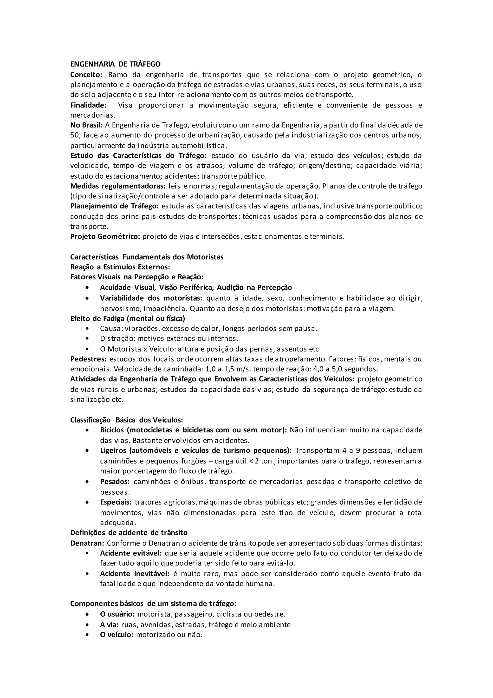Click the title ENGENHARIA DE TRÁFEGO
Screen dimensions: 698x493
point(115,64)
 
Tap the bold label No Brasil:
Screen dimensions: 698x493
point(86,125)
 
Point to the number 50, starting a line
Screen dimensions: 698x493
point(75,135)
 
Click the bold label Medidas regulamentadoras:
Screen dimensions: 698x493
point(118,186)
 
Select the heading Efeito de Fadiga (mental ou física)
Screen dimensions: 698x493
point(128,318)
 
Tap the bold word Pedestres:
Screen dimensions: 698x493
point(88,359)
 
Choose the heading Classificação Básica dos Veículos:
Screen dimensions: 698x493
point(127,420)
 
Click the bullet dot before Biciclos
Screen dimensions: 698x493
point(87,430)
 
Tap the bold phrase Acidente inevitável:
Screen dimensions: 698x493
point(135,574)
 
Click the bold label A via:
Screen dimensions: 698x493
point(109,625)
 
